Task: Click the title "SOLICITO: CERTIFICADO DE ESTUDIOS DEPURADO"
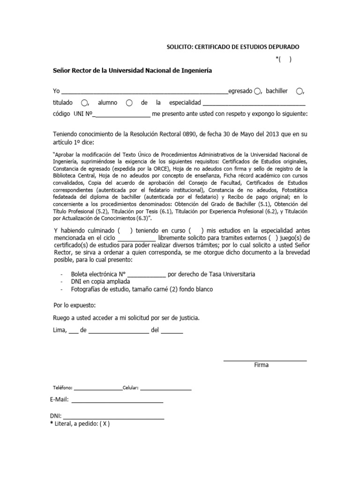click(233, 47)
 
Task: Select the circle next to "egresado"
click(257, 91)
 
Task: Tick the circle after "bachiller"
click(300, 91)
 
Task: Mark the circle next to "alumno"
click(129, 103)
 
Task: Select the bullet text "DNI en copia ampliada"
click(100, 282)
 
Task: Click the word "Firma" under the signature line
click(261, 365)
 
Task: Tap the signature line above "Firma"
click(265, 360)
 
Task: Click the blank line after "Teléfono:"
click(97, 389)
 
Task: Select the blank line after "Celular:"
click(165, 389)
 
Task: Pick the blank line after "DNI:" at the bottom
click(113, 418)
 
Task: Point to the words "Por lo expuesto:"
click(75, 305)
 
